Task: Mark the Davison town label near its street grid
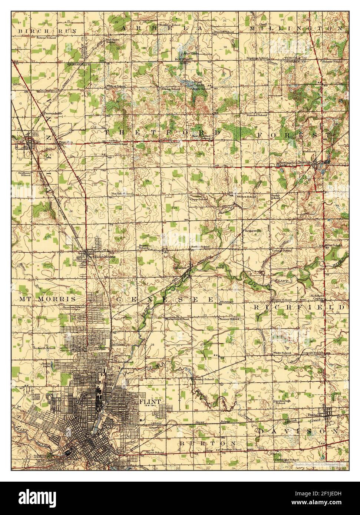(314, 415)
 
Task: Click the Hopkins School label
(259, 58)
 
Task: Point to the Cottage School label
(282, 250)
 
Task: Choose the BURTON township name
(208, 443)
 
